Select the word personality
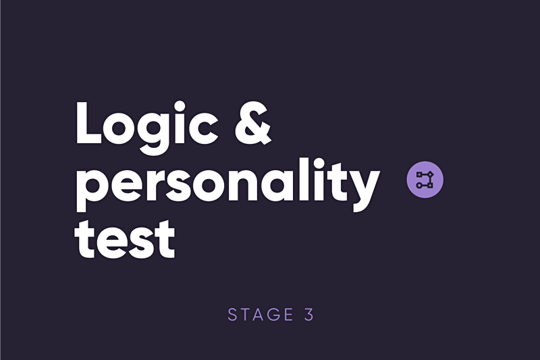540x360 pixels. pyautogui.click(x=227, y=184)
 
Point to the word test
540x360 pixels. pyautogui.click(x=124, y=238)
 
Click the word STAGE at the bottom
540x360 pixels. pyautogui.click(x=261, y=315)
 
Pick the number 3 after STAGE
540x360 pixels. pyautogui.click(x=309, y=315)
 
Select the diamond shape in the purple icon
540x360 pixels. pyautogui.click(x=431, y=175)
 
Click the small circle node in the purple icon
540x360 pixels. pyautogui.click(x=419, y=185)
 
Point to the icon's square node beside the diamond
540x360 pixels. pyautogui.click(x=419, y=175)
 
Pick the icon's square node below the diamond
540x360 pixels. pyautogui.click(x=431, y=185)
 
